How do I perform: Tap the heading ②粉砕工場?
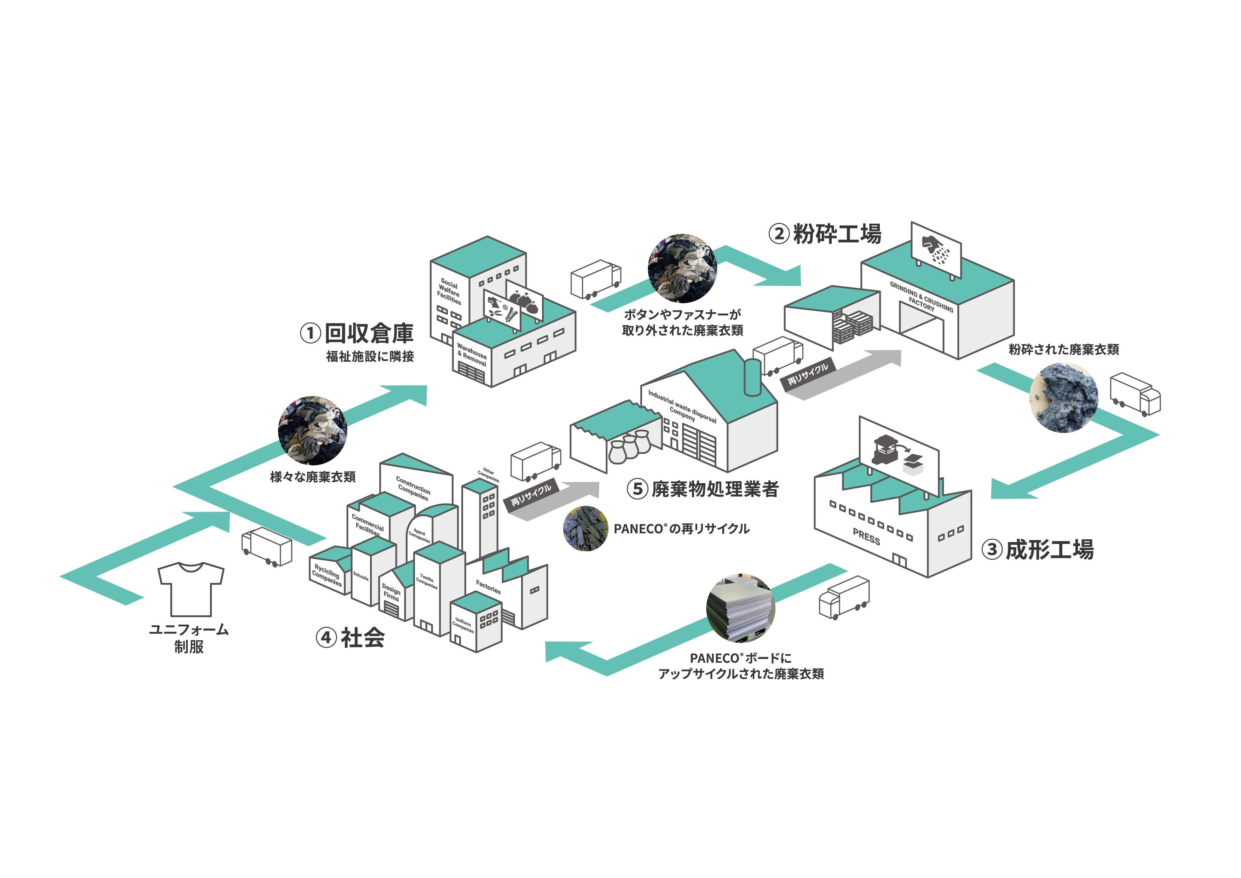(825, 234)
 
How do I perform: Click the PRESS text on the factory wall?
(866, 537)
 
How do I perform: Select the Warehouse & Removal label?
(471, 355)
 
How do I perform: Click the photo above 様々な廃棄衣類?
(312, 431)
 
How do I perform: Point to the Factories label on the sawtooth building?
(488, 587)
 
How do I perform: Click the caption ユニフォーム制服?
(189, 638)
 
